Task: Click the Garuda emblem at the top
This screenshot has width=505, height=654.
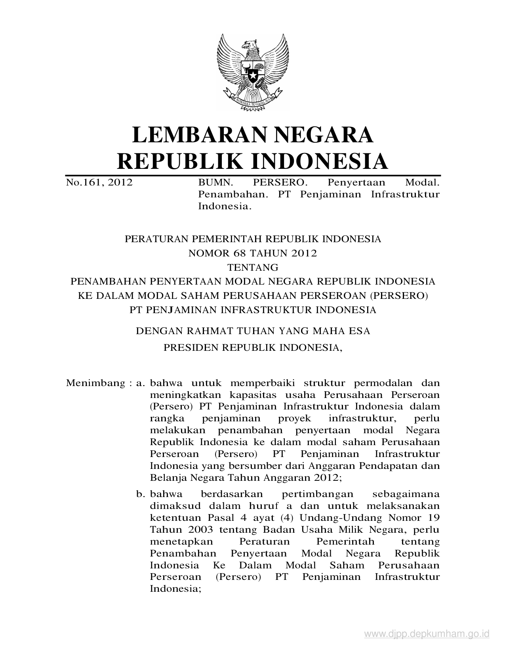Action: [x=252, y=71]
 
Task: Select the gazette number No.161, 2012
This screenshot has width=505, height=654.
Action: [x=99, y=183]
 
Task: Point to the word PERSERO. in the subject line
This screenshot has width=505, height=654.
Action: [x=280, y=183]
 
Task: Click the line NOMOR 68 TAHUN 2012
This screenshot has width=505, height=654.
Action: [x=253, y=253]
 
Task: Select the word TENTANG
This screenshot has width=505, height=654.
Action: [x=253, y=268]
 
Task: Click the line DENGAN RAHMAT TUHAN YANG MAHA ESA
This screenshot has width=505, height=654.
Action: [x=253, y=331]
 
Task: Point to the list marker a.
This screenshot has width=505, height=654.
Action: [x=140, y=383]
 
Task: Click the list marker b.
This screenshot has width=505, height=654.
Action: [x=140, y=494]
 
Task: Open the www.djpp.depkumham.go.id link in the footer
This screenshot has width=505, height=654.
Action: [x=427, y=635]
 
